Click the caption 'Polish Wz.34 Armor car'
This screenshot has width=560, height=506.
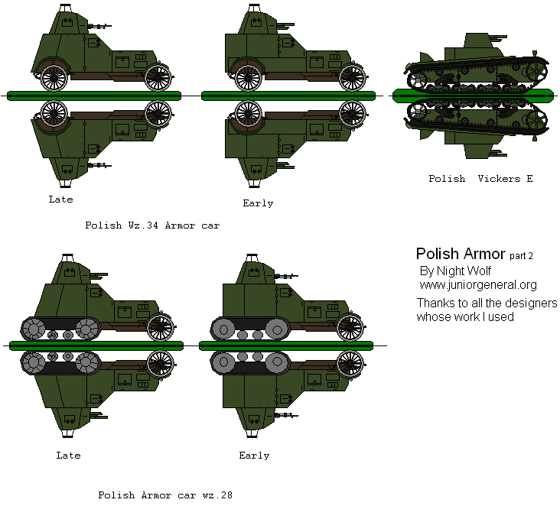coord(152,226)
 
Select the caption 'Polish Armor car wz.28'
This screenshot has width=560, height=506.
coord(164,495)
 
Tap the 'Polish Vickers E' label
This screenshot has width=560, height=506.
coord(480,179)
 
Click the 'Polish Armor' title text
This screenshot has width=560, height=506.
coord(460,254)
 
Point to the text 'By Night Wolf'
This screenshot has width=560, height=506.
coord(455,271)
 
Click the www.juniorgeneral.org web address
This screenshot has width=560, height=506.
coord(477,285)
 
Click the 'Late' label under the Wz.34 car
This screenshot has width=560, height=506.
coord(60,199)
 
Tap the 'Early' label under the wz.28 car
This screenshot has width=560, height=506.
coord(254,456)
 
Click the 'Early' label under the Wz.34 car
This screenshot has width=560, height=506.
coord(258,203)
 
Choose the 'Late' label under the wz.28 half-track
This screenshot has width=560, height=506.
coord(68,456)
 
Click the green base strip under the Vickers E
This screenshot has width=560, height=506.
coord(472,95)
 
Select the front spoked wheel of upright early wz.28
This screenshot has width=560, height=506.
coord(350,327)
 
